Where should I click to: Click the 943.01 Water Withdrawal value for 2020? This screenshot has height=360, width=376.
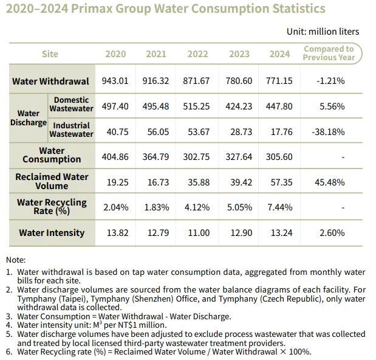tap(116, 81)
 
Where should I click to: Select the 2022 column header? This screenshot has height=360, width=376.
tap(197, 54)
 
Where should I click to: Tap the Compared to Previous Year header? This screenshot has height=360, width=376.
tap(329, 53)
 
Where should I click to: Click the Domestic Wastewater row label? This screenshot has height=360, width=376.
tap(71, 104)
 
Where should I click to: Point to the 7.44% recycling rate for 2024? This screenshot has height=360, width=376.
tap(280, 207)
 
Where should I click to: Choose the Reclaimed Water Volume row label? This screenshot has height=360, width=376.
tap(52, 181)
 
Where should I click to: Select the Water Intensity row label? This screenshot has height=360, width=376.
tap(52, 232)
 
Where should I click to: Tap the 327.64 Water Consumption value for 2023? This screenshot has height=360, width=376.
tap(239, 157)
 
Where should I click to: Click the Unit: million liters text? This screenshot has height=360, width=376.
tap(323, 31)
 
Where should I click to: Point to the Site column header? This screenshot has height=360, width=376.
tap(50, 54)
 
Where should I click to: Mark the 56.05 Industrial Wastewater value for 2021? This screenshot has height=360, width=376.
tap(156, 131)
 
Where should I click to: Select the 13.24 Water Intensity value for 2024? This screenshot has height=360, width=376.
tap(280, 233)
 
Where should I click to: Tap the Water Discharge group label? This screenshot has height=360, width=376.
tap(28, 118)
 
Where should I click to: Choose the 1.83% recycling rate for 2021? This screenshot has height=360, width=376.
tap(156, 207)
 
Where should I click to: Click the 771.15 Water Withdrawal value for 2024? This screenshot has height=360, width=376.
tap(280, 81)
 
